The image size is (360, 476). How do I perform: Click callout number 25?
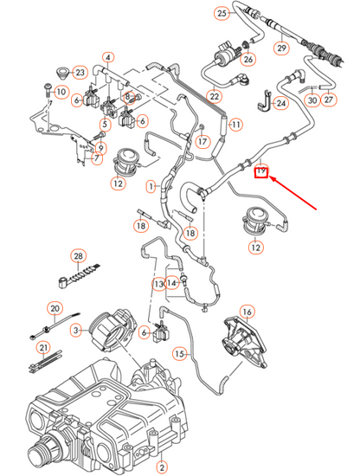pos(222,14)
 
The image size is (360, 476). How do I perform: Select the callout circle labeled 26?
pos(248,60)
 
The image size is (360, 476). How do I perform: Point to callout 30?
pos(312,100)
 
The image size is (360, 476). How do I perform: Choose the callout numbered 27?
pos(328,100)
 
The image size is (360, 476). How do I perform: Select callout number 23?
pos(80,72)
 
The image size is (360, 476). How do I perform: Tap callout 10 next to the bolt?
pos(61,92)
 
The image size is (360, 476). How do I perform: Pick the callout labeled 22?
pos(214,97)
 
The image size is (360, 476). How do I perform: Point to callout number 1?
pos(151,186)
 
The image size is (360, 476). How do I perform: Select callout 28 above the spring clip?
pos(79,257)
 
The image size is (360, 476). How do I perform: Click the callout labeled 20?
pos(55,308)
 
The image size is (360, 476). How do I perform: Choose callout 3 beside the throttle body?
pos(77,329)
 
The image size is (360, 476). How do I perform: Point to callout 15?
pos(180,353)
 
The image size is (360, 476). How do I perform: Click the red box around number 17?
pos(260,171)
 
